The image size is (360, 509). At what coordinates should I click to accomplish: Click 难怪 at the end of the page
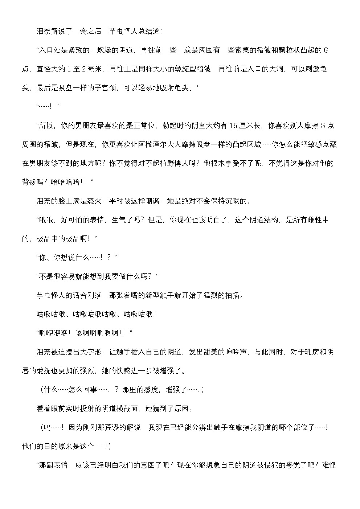point(329,465)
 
